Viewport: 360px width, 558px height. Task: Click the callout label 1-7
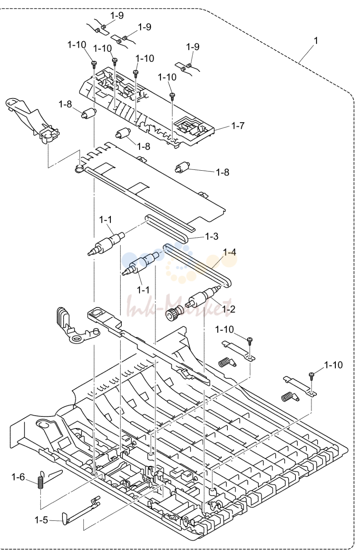point(238,125)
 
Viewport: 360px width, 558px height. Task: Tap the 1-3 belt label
point(212,236)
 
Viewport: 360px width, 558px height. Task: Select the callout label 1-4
point(229,252)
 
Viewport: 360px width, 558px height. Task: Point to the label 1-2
point(228,309)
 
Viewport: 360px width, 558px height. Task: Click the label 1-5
point(41,520)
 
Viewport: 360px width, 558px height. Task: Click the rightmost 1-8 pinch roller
point(183,167)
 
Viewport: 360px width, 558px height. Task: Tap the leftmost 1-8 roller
point(88,114)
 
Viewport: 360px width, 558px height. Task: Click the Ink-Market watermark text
point(179,305)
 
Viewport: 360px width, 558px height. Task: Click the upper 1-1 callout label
point(106,220)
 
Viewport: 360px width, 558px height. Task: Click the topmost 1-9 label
point(117,16)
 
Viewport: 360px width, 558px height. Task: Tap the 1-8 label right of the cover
point(222,172)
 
